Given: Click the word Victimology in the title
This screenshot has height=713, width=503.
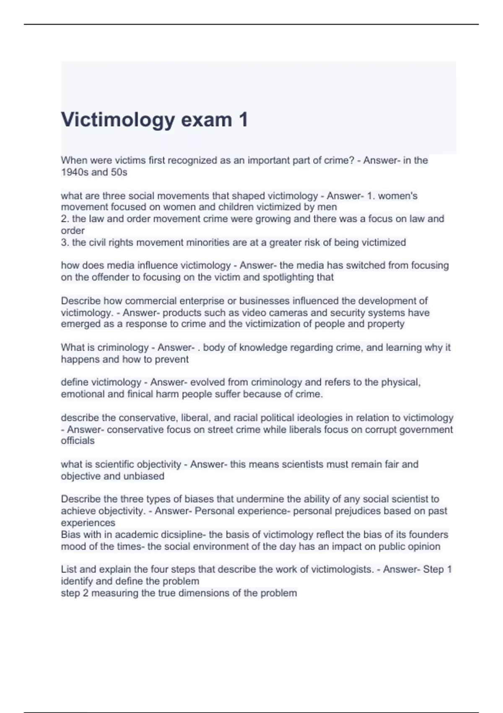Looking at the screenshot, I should [117, 120].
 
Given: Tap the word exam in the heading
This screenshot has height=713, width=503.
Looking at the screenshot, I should [206, 120].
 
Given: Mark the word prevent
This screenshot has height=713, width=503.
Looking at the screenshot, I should [172, 359].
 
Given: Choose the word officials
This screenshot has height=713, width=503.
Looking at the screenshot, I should [78, 441].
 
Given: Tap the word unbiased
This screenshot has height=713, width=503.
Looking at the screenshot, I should [145, 476].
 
